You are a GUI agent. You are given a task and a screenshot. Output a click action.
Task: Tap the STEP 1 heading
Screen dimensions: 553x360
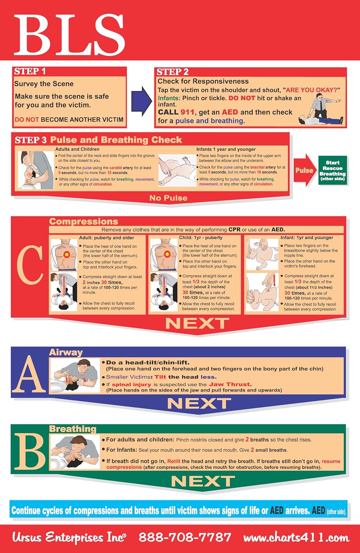[x=30, y=72]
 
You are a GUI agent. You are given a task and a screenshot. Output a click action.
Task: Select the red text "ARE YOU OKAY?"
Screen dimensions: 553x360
[x=311, y=90]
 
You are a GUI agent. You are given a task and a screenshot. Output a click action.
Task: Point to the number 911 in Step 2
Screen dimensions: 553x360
[x=187, y=112]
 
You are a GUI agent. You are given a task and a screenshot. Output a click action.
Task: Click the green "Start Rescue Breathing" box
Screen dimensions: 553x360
[x=333, y=170]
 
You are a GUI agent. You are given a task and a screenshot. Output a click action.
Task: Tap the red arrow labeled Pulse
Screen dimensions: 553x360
[x=304, y=170]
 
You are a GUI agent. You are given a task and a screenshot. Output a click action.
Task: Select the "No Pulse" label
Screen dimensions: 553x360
[x=168, y=198]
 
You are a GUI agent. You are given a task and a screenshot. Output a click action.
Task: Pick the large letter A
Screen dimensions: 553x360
[x=30, y=375]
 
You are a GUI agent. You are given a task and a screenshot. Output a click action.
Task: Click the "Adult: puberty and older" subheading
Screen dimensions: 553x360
[x=106, y=238]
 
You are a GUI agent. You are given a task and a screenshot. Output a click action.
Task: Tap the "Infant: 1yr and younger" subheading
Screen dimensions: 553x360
[x=307, y=238]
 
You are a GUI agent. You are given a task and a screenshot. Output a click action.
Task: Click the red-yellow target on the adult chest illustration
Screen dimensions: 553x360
[x=66, y=254]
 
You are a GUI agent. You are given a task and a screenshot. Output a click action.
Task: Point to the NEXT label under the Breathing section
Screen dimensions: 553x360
[x=203, y=481]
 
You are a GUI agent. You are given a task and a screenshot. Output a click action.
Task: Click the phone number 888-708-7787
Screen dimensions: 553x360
[x=185, y=538]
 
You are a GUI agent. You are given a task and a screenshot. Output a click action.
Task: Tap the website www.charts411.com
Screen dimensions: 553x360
[x=296, y=538]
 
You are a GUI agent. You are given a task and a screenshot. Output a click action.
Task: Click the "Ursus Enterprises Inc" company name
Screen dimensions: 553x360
[x=69, y=538]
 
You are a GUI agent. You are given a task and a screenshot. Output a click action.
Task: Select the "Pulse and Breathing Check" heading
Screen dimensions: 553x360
[x=116, y=140]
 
